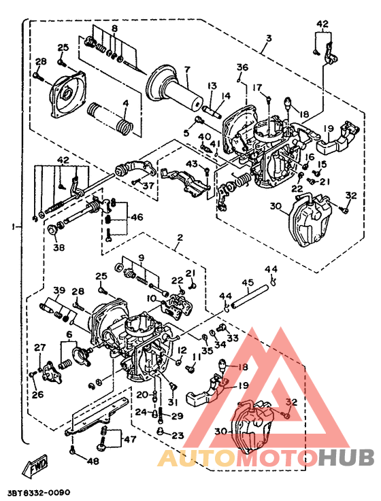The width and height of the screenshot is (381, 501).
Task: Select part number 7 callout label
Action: (x=187, y=69)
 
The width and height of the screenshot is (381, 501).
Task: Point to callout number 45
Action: (x=248, y=283)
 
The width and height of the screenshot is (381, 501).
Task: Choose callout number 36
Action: (x=242, y=67)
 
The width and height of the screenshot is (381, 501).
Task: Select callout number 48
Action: (x=93, y=461)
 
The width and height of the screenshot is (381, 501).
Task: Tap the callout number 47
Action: (x=130, y=438)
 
